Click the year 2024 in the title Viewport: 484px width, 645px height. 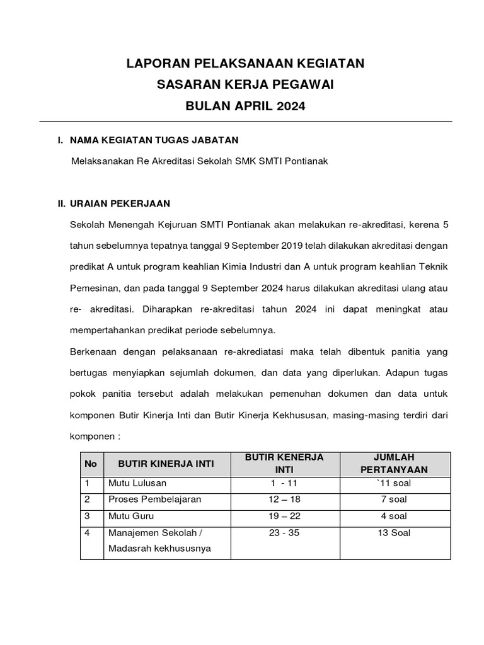pyautogui.click(x=290, y=106)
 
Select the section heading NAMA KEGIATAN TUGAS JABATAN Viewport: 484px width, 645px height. pyautogui.click(x=154, y=140)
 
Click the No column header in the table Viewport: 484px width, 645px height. pyautogui.click(x=91, y=464)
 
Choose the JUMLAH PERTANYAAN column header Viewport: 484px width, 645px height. pyautogui.click(x=395, y=463)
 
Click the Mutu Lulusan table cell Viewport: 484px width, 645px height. pyautogui.click(x=137, y=483)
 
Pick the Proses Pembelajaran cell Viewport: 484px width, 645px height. pyautogui.click(x=155, y=499)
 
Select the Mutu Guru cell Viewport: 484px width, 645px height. pyautogui.click(x=130, y=516)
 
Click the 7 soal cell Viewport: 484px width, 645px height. pyautogui.click(x=395, y=499)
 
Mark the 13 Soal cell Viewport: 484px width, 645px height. pyautogui.click(x=395, y=533)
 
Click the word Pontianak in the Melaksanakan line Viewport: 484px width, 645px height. pyautogui.click(x=307, y=161)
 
